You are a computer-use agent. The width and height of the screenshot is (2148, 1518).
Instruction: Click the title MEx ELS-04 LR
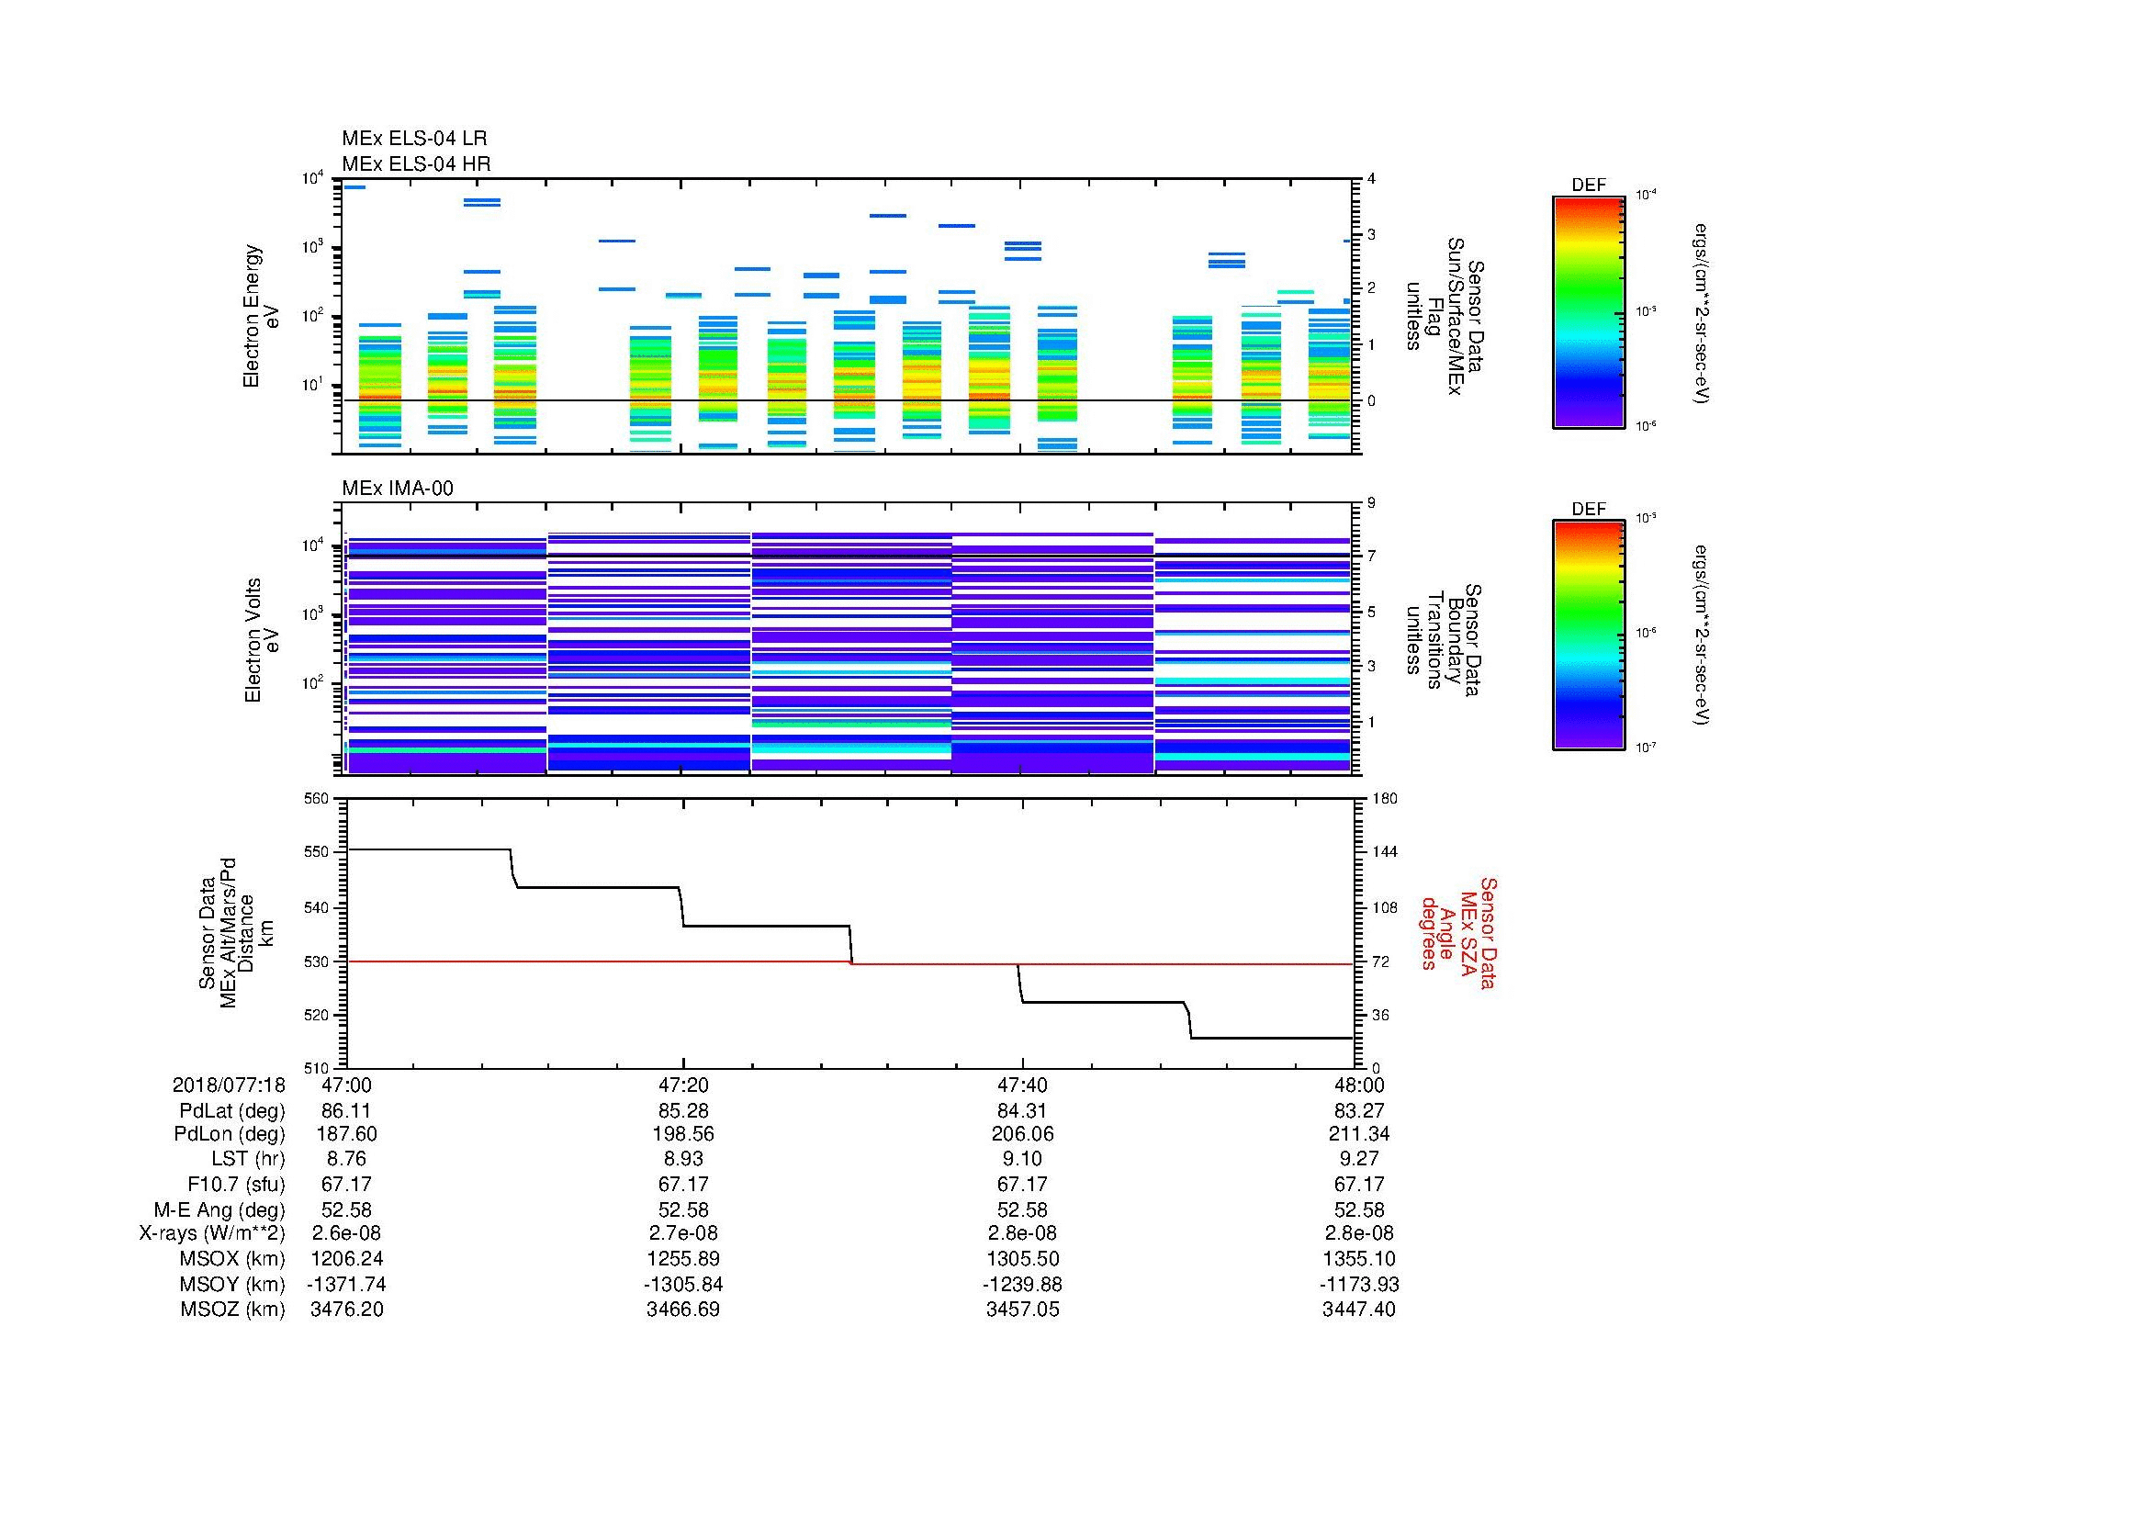click(413, 139)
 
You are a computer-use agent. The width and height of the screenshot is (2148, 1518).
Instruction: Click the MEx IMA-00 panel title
click(398, 489)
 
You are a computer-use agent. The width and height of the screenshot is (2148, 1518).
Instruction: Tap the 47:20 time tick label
click(683, 1085)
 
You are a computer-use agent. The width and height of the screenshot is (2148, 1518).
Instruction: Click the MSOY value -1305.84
click(683, 1284)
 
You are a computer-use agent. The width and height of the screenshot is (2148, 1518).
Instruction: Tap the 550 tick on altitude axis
click(316, 852)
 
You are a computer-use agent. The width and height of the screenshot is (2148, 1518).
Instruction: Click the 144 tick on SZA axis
click(1384, 852)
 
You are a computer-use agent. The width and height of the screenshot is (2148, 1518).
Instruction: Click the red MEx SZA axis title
click(1460, 932)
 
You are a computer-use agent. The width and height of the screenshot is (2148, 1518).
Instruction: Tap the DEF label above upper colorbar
click(1588, 186)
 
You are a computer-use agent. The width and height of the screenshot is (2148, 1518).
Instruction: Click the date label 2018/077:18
click(229, 1085)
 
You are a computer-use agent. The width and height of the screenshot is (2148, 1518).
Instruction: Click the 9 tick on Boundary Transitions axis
click(1371, 503)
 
